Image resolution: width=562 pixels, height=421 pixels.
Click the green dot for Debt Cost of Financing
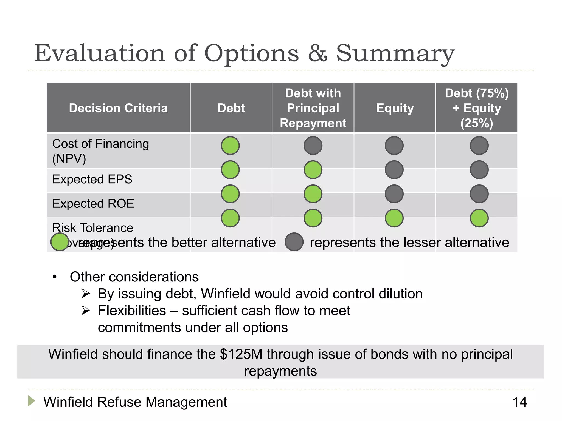[230, 146]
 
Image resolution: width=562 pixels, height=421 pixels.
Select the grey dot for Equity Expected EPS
[394, 170]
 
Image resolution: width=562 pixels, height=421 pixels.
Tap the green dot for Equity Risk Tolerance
[394, 218]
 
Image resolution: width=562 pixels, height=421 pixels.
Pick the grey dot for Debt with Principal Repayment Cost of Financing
[313, 146]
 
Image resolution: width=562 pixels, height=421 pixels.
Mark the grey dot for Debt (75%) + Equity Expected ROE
[479, 194]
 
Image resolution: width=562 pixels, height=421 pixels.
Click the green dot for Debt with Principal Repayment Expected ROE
[313, 194]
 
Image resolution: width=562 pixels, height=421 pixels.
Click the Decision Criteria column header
[118, 108]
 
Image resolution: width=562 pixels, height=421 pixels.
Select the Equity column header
[395, 108]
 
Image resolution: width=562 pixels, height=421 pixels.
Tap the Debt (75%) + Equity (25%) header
[477, 108]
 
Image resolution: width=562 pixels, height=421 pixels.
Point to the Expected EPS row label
[92, 179]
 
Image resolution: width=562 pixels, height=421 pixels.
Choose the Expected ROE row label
[93, 204]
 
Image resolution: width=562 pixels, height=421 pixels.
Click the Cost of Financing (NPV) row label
[100, 151]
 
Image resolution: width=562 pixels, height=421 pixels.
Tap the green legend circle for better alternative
[60, 242]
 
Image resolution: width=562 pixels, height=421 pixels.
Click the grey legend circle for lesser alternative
[294, 242]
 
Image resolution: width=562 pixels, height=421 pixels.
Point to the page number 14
[519, 402]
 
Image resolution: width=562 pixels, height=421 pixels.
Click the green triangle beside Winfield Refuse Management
[31, 401]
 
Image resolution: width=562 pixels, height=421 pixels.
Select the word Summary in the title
[395, 53]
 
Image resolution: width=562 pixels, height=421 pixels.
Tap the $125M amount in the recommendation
[241, 354]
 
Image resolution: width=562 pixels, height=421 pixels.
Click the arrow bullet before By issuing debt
[86, 294]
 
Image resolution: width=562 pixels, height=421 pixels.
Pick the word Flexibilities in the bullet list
[132, 311]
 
